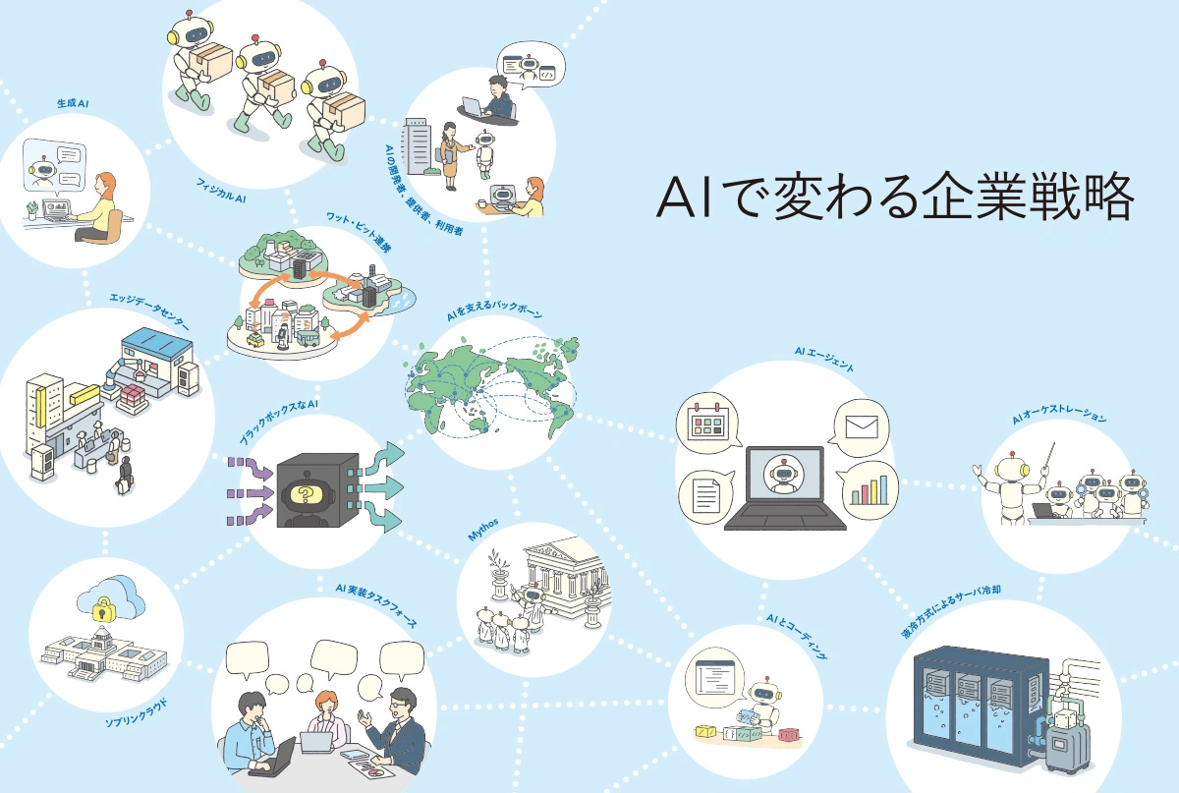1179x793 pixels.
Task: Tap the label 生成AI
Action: [x=73, y=103]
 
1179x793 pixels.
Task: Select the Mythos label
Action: [x=483, y=530]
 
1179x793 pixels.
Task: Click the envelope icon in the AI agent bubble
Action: [x=862, y=427]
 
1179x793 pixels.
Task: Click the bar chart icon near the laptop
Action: [x=869, y=489]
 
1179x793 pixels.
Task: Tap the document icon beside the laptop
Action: [x=705, y=495]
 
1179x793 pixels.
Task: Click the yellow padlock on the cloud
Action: [x=102, y=610]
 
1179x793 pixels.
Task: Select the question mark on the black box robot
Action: [x=306, y=494]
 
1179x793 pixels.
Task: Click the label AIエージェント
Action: [x=824, y=359]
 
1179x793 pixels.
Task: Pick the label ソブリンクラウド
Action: [x=136, y=713]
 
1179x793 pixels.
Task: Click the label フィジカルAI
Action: [x=221, y=191]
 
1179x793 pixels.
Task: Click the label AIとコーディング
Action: [x=797, y=635]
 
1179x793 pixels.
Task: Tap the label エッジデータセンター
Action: [x=149, y=312]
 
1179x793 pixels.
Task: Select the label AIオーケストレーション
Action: [x=1059, y=415]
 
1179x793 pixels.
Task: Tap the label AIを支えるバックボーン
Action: [x=495, y=311]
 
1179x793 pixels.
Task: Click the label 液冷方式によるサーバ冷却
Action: [x=951, y=611]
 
